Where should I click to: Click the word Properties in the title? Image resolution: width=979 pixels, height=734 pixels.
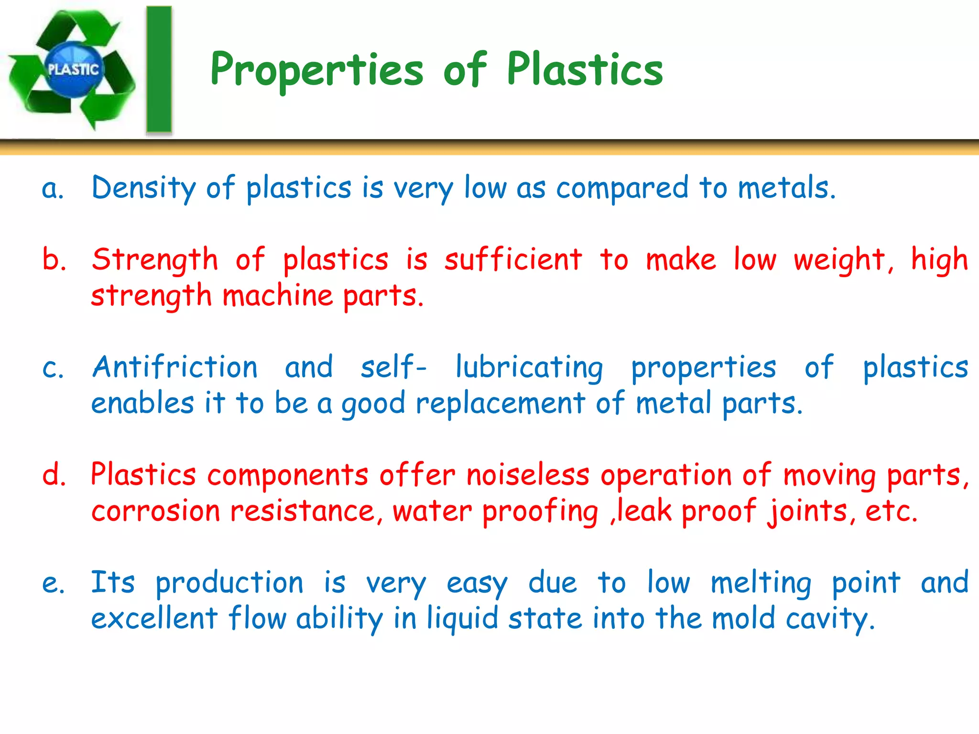click(316, 71)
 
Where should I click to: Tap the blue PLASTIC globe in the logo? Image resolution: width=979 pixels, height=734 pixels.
click(73, 69)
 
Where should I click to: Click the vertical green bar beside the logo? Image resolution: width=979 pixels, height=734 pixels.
click(159, 69)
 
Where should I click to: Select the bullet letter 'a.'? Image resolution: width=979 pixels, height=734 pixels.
click(53, 188)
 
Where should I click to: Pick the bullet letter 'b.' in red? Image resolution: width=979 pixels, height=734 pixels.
click(54, 259)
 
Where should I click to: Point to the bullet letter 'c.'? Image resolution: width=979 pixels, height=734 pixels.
click(53, 368)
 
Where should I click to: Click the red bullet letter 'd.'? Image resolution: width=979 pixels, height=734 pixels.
click(54, 475)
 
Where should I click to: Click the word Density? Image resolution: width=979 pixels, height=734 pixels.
click(143, 188)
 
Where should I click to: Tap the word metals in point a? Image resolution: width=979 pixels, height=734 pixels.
click(786, 187)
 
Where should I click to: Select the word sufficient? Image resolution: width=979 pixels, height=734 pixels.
click(513, 259)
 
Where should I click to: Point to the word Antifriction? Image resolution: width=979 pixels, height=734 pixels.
click(175, 367)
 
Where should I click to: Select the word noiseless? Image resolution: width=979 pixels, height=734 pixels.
click(528, 475)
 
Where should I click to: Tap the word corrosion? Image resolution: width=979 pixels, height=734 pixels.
click(156, 511)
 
